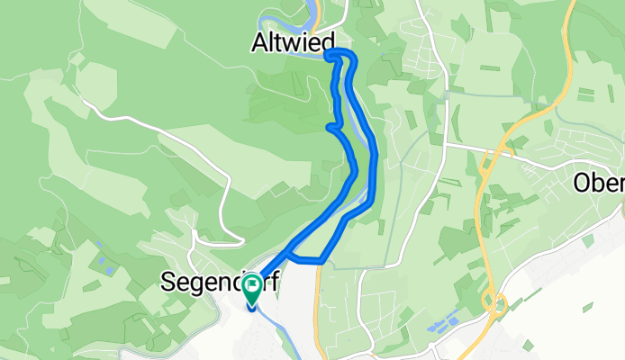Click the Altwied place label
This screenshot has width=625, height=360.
click(x=294, y=41)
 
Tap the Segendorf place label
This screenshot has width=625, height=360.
click(x=220, y=282)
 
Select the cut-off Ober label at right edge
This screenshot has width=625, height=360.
click(x=598, y=183)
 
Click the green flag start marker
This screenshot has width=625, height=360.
click(x=250, y=288)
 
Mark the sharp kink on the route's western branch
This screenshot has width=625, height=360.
click(x=330, y=127)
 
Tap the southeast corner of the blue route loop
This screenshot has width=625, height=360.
click(x=321, y=261)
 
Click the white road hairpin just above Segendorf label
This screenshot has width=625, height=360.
click(x=241, y=237)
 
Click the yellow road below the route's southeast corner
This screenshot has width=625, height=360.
click(x=316, y=306)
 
